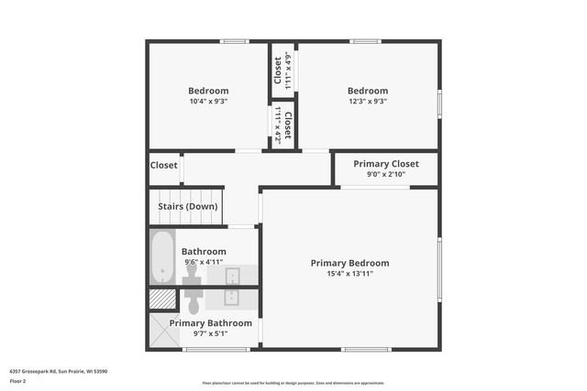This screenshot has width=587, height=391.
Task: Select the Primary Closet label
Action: [386, 164]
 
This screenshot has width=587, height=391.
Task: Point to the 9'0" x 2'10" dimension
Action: [386, 174]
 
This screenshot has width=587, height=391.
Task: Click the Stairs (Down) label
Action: [187, 207]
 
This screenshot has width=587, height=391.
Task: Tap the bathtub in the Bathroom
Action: [162, 257]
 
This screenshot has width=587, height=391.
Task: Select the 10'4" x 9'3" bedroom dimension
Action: [208, 102]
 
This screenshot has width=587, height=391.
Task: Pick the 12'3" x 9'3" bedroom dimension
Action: [367, 102]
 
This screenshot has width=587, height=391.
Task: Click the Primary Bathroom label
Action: [210, 323]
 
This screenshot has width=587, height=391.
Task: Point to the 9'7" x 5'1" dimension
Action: [210, 333]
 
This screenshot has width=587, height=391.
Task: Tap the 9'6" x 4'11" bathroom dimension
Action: [203, 262]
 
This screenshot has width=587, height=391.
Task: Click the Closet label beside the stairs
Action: [163, 166]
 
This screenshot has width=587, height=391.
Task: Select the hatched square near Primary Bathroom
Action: [162, 299]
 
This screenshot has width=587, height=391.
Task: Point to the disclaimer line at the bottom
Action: [293, 383]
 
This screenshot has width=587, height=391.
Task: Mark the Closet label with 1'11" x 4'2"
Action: [288, 125]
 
